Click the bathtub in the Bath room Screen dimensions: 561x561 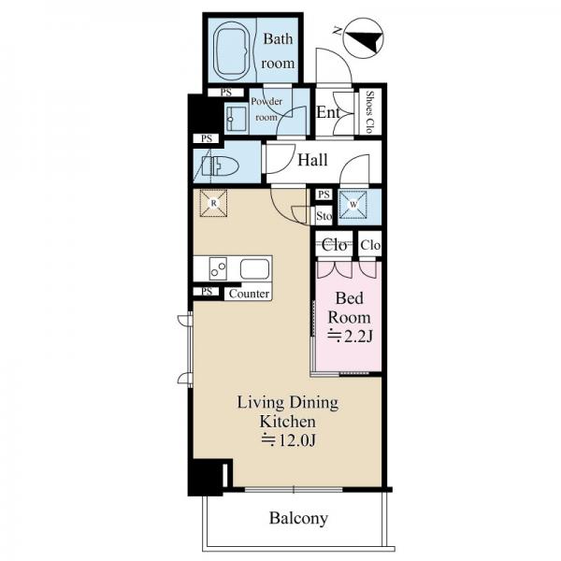click(231, 50)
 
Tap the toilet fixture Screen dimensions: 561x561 click(221, 166)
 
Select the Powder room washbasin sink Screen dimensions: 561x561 click(236, 119)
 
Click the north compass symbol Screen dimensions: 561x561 click(363, 38)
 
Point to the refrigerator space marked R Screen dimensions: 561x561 click(213, 203)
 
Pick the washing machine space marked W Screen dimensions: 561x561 click(353, 205)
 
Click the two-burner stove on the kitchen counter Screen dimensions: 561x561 click(218, 268)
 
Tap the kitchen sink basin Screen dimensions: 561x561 click(254, 269)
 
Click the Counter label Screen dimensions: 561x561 click(249, 295)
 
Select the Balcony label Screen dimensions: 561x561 click(298, 518)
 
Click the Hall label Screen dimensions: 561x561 click(312, 160)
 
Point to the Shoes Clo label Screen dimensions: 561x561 click(369, 112)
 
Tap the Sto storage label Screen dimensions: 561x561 click(324, 216)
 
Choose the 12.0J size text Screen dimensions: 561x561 click(288, 440)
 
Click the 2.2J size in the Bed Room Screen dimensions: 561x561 click(350, 337)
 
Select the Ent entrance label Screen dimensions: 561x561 click(328, 112)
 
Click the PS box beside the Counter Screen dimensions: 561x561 click(207, 292)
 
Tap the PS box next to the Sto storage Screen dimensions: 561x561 click(324, 194)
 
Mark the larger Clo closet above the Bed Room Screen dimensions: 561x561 click(334, 245)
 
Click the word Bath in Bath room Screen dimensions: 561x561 click(278, 38)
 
